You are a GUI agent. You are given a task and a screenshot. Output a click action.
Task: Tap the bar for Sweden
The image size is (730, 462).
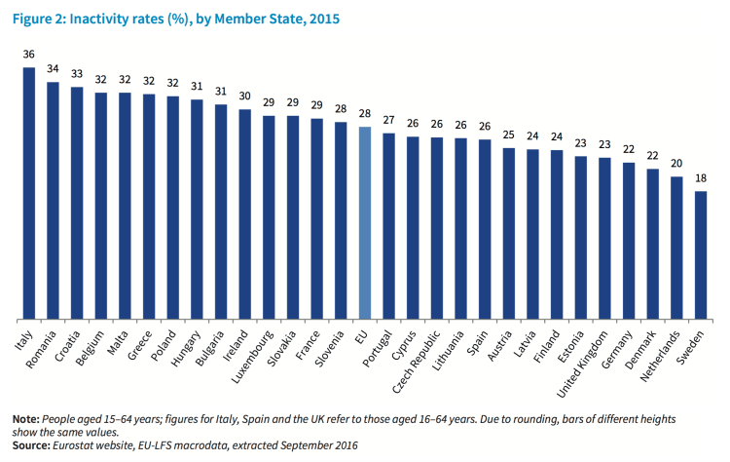[x=701, y=254]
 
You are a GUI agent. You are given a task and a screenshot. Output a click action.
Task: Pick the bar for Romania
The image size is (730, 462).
[x=54, y=200]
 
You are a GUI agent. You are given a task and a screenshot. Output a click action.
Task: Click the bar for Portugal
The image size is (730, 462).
[x=389, y=225]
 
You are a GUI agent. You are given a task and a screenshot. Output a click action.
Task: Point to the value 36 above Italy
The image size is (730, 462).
[x=29, y=55]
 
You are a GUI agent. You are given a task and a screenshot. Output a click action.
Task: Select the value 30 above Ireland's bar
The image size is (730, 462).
[x=245, y=97]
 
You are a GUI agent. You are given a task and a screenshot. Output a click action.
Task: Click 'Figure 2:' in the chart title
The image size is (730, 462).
[x=40, y=19]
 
